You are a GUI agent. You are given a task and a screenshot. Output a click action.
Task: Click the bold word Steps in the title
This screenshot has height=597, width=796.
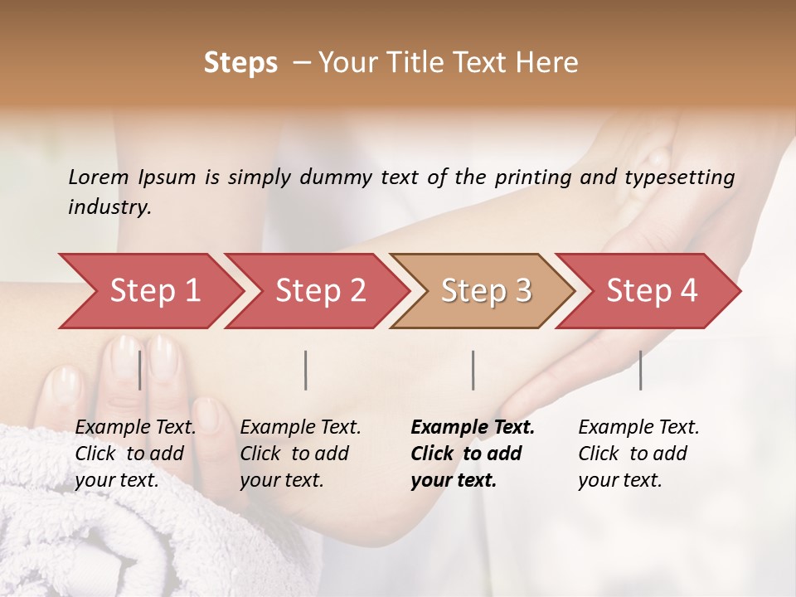coord(240,63)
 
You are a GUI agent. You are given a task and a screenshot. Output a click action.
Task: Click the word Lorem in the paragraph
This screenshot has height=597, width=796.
coord(99,177)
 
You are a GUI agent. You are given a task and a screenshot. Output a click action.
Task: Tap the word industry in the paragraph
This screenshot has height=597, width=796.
coord(109,206)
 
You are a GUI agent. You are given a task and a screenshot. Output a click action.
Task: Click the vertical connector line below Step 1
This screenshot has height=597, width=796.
coord(140,370)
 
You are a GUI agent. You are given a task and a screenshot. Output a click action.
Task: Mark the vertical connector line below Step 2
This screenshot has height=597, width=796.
coord(306,370)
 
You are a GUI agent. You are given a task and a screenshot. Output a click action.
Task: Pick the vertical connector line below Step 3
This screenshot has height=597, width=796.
coord(473,370)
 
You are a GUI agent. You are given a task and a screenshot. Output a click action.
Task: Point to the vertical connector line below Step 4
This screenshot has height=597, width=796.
coord(640,370)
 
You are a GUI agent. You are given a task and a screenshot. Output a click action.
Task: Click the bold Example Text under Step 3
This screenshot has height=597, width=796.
coord(473,427)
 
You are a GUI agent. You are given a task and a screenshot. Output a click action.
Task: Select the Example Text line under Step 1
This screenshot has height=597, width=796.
coord(135,427)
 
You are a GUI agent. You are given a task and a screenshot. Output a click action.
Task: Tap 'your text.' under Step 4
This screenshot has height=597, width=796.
coord(619,480)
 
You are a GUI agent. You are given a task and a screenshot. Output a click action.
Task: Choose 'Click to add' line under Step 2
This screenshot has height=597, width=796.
coord(294,454)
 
